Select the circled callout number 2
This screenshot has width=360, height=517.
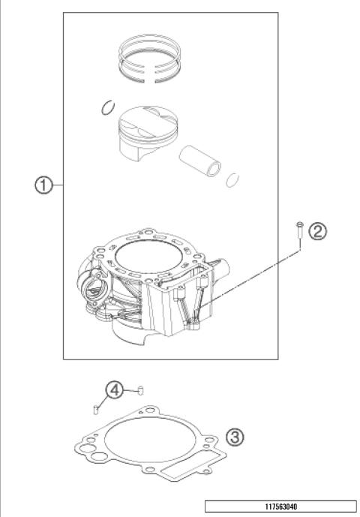click(317, 232)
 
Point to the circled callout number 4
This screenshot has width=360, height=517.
click(113, 390)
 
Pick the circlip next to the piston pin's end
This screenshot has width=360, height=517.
click(233, 180)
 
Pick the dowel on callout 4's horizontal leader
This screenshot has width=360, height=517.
click(139, 390)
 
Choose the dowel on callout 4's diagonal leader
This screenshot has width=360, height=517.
click(95, 409)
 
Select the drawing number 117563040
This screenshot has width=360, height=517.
click(280, 506)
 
